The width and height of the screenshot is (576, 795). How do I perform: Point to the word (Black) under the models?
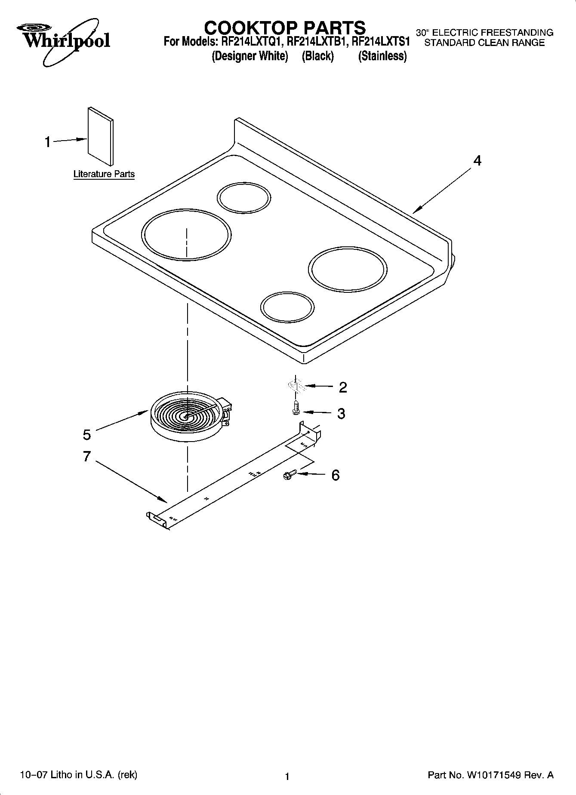pyautogui.click(x=317, y=56)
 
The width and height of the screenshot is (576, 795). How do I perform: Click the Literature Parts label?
pyautogui.click(x=104, y=174)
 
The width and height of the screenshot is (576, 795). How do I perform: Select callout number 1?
pyautogui.click(x=48, y=141)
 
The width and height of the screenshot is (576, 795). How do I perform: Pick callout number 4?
pyautogui.click(x=477, y=161)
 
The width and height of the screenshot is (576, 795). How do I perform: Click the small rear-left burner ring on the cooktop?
pyautogui.click(x=244, y=198)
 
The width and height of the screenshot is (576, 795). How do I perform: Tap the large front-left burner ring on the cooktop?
pyautogui.click(x=186, y=235)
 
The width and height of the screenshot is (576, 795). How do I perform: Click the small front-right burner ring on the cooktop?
pyautogui.click(x=287, y=308)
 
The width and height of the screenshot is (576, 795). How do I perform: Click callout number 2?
pyautogui.click(x=342, y=387)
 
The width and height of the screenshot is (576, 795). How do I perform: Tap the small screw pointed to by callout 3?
pyautogui.click(x=296, y=407)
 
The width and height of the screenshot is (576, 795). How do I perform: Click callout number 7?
pyautogui.click(x=87, y=456)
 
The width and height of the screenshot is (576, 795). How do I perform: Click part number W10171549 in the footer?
pyautogui.click(x=493, y=776)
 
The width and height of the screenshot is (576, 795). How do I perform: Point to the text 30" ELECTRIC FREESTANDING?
pyautogui.click(x=484, y=33)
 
